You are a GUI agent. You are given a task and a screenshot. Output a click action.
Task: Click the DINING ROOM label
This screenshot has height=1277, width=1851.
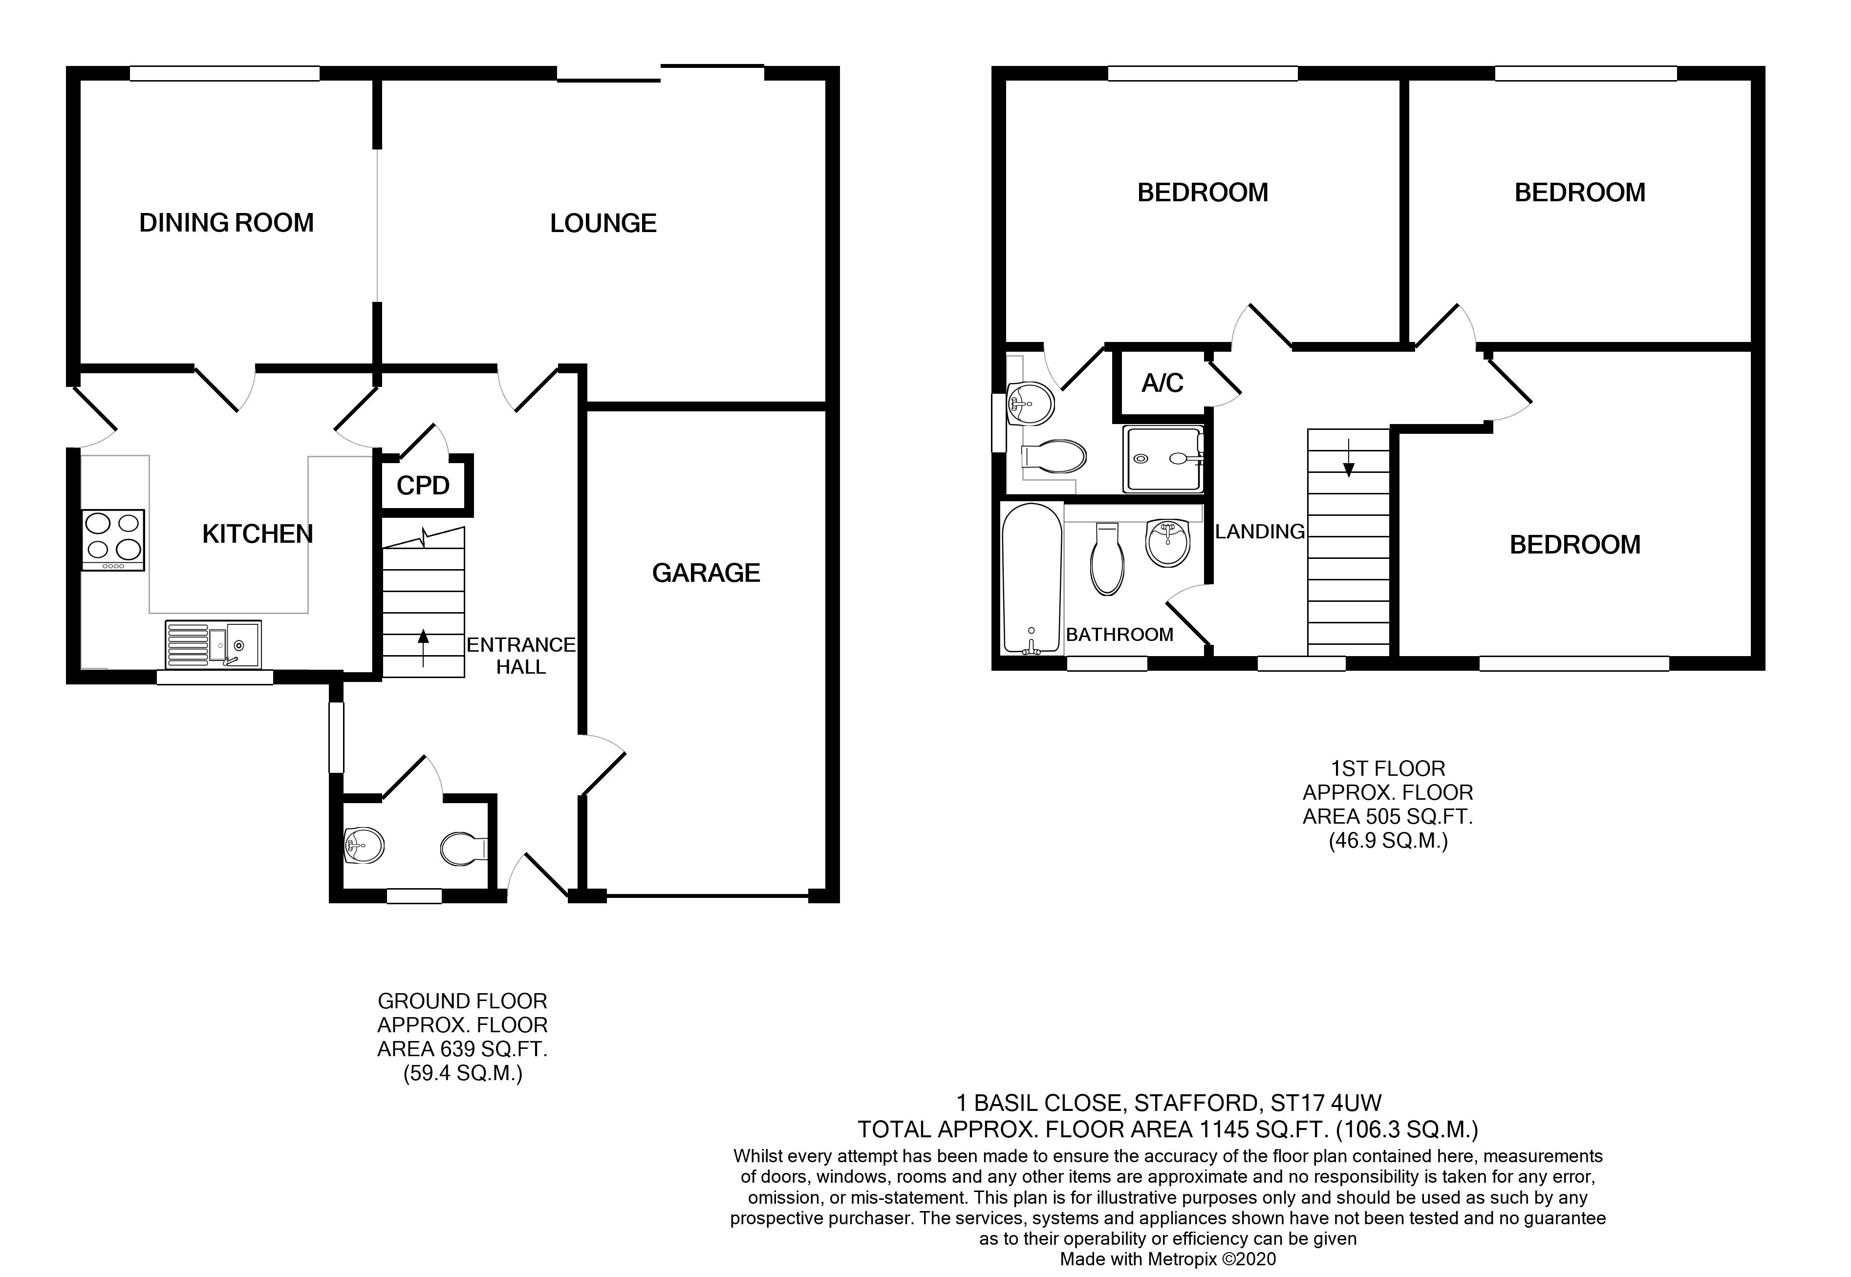[x=226, y=222]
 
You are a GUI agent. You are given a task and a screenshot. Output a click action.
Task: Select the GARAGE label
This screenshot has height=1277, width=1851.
[x=706, y=573]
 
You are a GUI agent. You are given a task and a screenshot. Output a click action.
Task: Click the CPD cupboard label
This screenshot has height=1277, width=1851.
[x=423, y=486]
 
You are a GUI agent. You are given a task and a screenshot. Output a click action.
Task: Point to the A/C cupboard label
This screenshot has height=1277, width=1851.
[x=1162, y=383]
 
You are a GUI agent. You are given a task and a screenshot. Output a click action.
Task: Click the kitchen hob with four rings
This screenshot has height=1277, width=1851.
[x=113, y=540]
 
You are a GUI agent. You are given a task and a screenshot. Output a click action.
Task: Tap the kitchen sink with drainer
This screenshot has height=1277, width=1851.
[x=213, y=644]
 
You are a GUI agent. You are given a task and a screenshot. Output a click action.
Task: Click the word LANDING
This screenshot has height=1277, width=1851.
[x=1260, y=532]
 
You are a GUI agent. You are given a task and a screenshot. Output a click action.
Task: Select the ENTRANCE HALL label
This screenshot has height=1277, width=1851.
[x=521, y=655]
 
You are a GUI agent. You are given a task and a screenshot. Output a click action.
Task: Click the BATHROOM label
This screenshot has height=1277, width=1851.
[x=1119, y=635]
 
